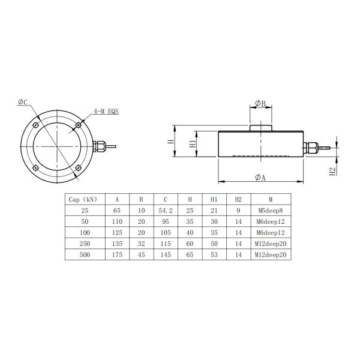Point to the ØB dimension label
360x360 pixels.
point(260,103)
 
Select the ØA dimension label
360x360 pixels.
point(260,177)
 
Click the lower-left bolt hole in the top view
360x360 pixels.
point(37,165)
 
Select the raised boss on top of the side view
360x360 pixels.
point(260,127)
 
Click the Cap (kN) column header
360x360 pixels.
point(83,199)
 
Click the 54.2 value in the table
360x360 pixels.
point(165,211)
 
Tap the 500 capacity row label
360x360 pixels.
point(83,254)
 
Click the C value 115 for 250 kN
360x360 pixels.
point(165,244)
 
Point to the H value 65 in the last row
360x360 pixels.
point(190,254)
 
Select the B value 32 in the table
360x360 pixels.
point(140,244)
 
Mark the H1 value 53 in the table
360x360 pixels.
point(214,254)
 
